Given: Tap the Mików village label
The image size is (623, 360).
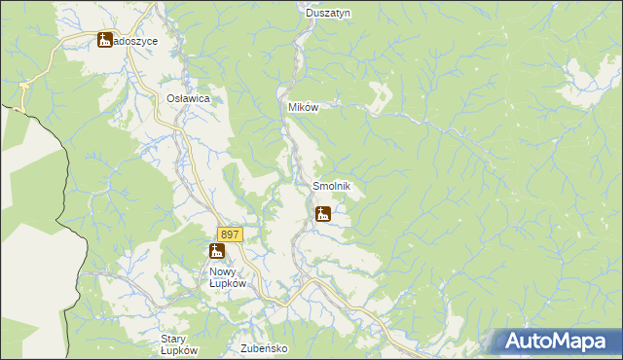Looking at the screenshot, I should [x=303, y=107].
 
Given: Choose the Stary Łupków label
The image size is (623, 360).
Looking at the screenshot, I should [x=179, y=344].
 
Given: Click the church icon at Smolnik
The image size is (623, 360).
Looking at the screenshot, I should [x=323, y=213].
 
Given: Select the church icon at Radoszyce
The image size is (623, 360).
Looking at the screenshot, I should [x=105, y=41].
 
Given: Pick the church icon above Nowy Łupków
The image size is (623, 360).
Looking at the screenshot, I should [x=216, y=251].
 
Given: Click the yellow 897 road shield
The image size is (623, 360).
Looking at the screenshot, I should [x=230, y=234].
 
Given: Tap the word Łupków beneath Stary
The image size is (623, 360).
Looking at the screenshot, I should [x=180, y=350].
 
